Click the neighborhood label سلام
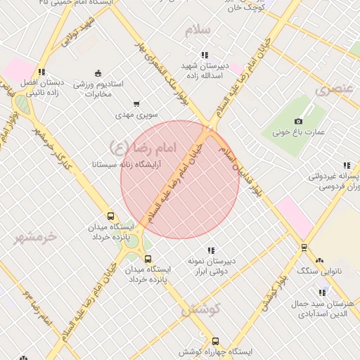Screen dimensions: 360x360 tap(198, 30)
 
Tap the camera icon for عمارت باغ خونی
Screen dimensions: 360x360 tap(299, 122)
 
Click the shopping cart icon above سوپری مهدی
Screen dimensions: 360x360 tap(136, 103)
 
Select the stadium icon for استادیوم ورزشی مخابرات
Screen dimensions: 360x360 tap(98, 73)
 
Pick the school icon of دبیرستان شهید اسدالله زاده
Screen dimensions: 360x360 tap(205, 54)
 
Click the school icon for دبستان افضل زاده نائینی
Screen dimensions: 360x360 tap(42, 72)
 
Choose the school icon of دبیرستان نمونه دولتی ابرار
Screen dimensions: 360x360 tap(210, 250)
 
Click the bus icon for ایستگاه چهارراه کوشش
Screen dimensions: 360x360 tap(215, 340)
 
